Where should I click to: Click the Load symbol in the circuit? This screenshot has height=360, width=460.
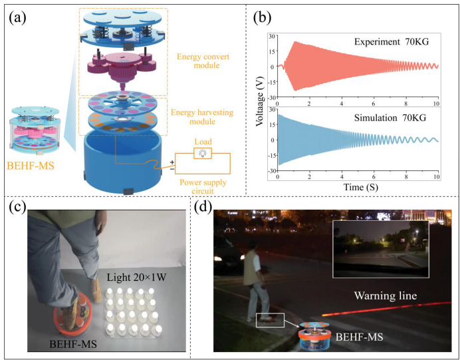coord(203,153)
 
